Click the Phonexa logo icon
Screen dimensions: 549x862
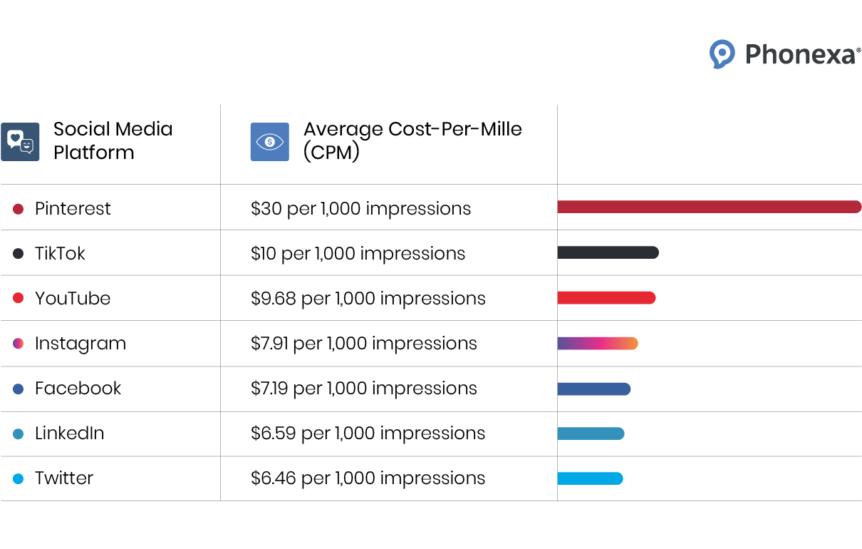[722, 54]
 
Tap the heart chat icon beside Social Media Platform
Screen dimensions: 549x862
[20, 141]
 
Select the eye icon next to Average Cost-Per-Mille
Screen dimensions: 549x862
[269, 141]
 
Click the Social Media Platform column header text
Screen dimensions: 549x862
[113, 140]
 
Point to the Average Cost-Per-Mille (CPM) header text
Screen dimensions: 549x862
[412, 140]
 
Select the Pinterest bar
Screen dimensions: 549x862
[709, 207]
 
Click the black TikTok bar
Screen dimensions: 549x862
[608, 252]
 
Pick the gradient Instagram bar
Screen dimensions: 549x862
[597, 343]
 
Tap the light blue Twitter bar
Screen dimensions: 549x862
[590, 478]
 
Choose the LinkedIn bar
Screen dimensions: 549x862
[591, 433]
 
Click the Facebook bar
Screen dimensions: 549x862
[593, 389]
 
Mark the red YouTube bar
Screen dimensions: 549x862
[606, 298]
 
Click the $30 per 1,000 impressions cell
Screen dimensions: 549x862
[360, 208]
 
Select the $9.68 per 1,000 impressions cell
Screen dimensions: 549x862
[368, 298]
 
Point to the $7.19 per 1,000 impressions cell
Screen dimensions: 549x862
[363, 389]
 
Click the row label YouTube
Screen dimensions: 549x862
[73, 298]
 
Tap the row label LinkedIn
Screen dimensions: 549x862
[69, 433]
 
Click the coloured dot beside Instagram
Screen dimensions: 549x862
[19, 344]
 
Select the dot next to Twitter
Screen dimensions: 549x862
[19, 478]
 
